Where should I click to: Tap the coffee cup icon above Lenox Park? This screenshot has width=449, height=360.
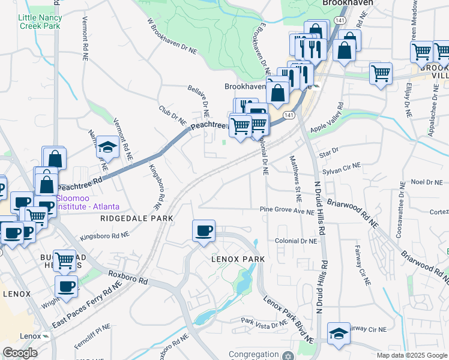(204, 231)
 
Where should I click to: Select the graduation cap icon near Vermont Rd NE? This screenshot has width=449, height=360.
(107, 147)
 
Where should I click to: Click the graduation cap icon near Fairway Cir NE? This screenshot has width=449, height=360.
(339, 334)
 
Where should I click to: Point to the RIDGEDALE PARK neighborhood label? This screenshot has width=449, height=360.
(137, 219)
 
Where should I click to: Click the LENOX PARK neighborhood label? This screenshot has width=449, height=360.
(238, 259)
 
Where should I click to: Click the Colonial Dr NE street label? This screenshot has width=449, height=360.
(295, 241)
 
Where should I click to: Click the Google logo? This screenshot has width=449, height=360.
(20, 353)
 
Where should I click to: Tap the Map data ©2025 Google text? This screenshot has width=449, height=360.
(411, 355)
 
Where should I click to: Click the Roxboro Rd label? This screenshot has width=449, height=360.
(127, 277)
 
